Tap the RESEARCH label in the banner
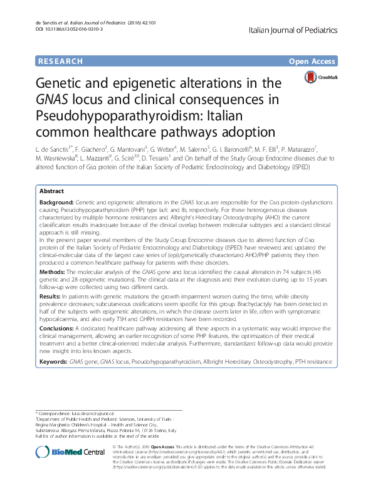pos(60,61)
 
